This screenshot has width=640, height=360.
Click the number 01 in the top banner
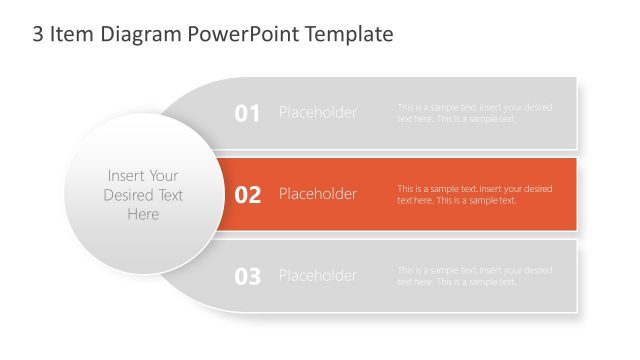[247, 113]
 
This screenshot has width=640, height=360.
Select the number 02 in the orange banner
[247, 194]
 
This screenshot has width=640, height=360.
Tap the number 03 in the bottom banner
[247, 276]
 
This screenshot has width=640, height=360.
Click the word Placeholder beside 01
[317, 112]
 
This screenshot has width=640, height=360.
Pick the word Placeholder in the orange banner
[317, 194]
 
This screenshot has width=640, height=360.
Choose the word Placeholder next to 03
[317, 276]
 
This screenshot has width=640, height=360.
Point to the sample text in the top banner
[474, 113]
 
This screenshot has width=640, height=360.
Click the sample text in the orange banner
[474, 194]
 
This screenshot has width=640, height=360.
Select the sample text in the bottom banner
[474, 276]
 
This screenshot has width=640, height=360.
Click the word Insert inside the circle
[125, 176]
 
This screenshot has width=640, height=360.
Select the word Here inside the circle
[143, 214]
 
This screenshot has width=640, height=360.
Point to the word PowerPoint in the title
[246, 35]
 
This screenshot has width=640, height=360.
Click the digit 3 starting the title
[38, 35]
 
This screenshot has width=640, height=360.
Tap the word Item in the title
[73, 35]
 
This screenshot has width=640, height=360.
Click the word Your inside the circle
[164, 176]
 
